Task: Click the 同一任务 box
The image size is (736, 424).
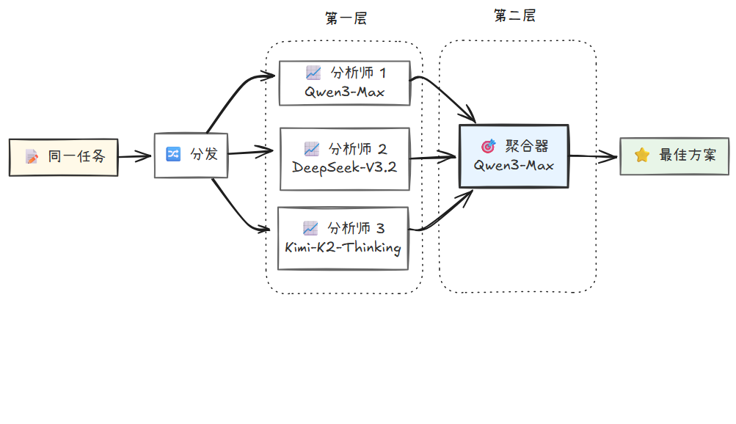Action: point(63,156)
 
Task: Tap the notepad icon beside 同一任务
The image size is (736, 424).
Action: point(32,156)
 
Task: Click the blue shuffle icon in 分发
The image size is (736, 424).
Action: point(173,154)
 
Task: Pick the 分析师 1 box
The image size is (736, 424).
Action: point(344,82)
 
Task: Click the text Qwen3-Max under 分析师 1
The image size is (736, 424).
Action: point(344,92)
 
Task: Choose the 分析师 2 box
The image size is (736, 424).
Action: point(344,157)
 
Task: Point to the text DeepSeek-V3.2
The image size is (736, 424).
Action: point(344,167)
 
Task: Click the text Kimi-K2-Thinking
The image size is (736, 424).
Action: point(343,247)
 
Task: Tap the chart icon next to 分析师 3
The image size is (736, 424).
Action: point(310,227)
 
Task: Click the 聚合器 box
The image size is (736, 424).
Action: point(514,156)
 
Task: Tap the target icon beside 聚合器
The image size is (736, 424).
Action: point(488,146)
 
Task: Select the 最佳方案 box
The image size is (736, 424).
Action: point(674,156)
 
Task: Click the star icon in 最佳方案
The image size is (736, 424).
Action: point(642,155)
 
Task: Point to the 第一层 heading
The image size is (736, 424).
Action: point(345,19)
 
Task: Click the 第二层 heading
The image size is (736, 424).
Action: point(514,16)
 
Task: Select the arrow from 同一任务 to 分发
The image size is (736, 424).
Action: point(136,156)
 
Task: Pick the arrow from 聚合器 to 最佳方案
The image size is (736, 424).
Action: point(593,156)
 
